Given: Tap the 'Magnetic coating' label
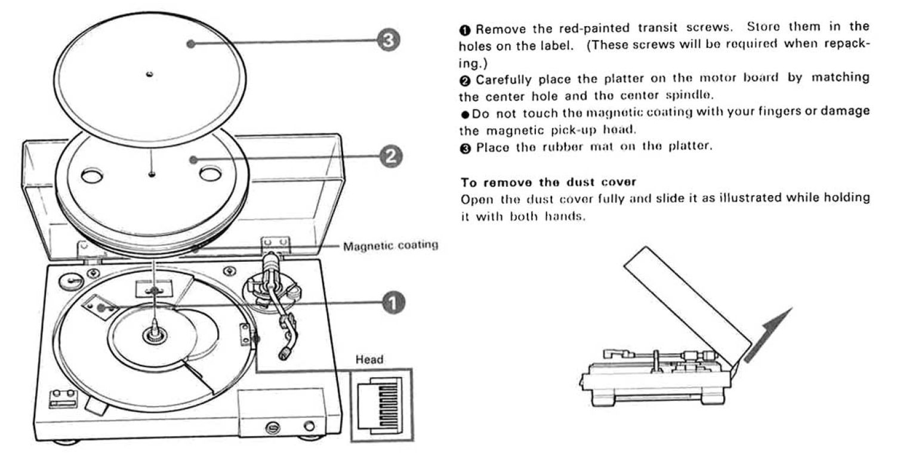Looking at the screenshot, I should coord(390,245).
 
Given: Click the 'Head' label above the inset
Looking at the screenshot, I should coord(369,359).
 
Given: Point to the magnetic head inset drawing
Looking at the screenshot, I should coord(381,404).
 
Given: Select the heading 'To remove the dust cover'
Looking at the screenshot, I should coord(523,183).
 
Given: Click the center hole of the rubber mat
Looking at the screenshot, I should coord(149,74).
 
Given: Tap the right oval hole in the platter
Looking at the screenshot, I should coord(210,174).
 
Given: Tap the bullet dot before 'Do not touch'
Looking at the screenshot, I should coord(466,113).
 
